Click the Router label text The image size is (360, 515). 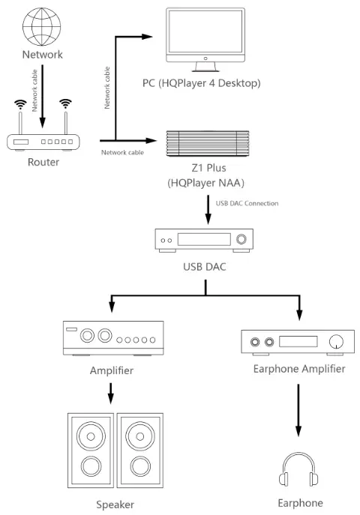pyautogui.click(x=43, y=162)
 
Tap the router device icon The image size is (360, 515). pyautogui.click(x=43, y=139)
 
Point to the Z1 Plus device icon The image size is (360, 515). pyautogui.click(x=207, y=142)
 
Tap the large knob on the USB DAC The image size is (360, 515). pyautogui.click(x=241, y=240)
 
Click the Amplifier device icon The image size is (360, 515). pyautogui.click(x=111, y=338)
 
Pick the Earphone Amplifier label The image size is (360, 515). pyautogui.click(x=300, y=368)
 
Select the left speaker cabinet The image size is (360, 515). pyautogui.click(x=91, y=449)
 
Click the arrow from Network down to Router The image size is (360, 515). pyautogui.click(x=43, y=91)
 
